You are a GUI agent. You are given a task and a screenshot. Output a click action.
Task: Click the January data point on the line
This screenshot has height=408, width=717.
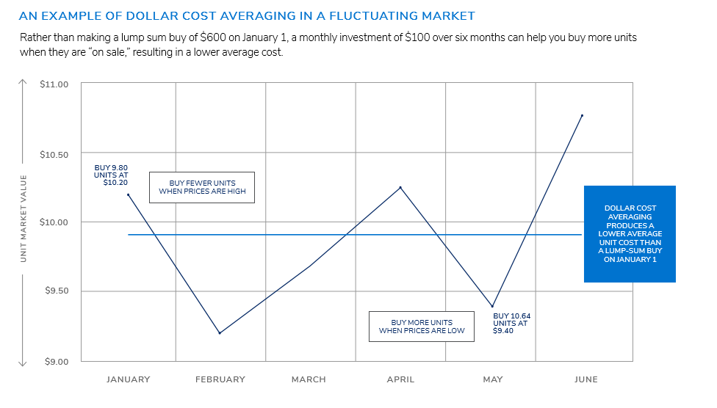point(129,194)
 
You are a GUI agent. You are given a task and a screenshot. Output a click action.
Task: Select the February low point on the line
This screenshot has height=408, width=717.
point(219,333)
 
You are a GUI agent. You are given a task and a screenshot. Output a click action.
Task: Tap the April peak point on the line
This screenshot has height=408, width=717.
point(400,187)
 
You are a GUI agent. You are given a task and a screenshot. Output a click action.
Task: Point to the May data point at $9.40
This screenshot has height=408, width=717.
point(492,307)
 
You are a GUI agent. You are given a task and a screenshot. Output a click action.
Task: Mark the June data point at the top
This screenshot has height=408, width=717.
point(582,115)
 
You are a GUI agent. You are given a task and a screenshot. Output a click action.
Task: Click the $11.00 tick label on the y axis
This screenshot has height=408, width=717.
point(54,84)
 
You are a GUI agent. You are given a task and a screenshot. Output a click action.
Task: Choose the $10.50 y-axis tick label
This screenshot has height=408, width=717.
point(54,155)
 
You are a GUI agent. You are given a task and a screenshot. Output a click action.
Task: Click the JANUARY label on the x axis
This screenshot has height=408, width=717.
point(128,379)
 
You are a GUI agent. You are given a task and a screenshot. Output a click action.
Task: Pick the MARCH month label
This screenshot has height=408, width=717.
point(309,379)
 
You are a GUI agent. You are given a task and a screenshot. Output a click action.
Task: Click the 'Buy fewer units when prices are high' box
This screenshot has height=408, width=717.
point(202,188)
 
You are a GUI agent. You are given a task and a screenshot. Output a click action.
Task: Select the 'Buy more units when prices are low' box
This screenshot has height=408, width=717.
point(422,327)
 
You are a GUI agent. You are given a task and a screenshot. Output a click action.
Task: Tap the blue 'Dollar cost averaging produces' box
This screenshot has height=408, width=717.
point(630,233)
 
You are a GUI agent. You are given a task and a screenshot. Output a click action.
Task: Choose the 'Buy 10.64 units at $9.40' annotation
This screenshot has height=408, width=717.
point(512,324)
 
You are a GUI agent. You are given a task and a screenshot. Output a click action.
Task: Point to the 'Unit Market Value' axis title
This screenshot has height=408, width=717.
point(24,218)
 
